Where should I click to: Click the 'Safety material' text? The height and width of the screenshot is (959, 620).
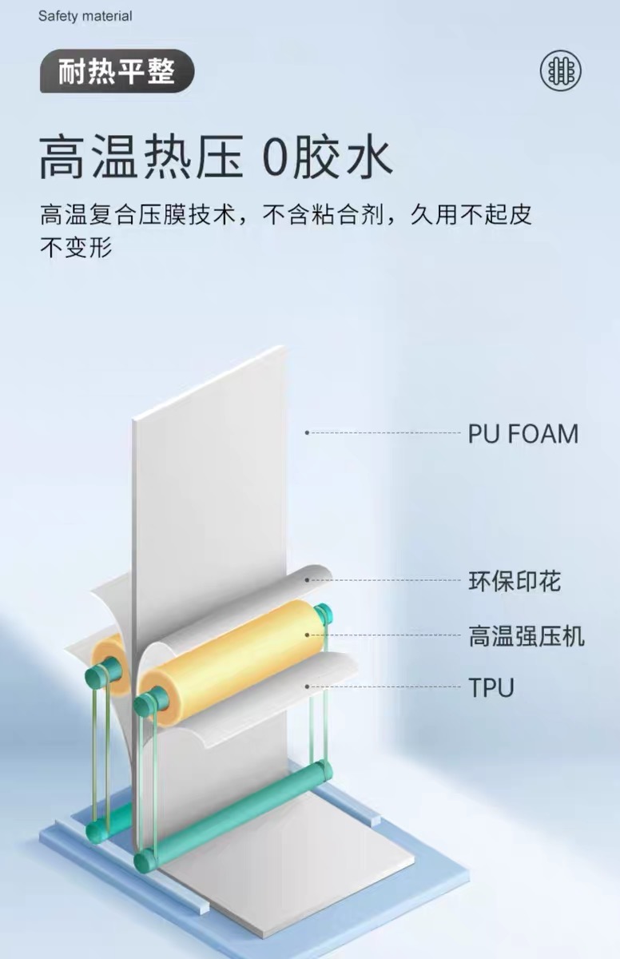tap(85, 16)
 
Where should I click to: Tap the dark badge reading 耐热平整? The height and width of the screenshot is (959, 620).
tap(117, 72)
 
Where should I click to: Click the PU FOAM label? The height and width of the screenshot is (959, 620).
tap(523, 434)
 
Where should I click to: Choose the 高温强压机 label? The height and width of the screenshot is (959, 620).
tap(526, 636)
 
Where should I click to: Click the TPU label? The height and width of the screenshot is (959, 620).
tap(491, 686)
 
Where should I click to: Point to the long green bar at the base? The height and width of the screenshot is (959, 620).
tap(240, 815)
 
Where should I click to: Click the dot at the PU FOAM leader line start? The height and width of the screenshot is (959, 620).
tap(307, 433)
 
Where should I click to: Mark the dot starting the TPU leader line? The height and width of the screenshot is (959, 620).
tap(307, 686)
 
